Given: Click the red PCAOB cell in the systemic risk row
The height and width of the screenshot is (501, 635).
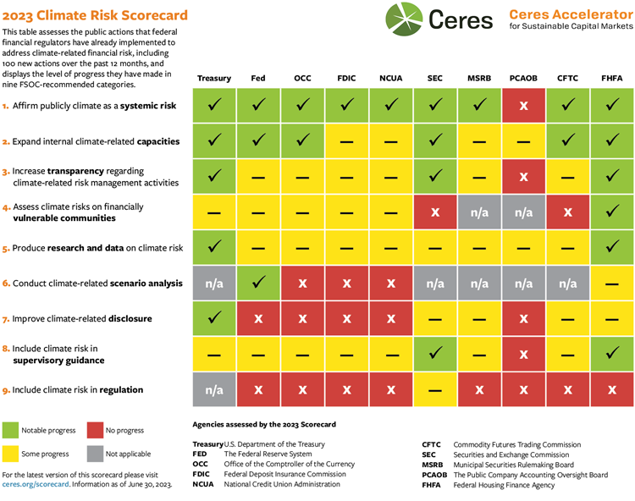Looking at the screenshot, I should click(523, 105).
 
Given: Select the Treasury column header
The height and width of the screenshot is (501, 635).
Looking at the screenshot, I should click(214, 78).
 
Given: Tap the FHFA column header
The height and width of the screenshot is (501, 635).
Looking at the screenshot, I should click(611, 78).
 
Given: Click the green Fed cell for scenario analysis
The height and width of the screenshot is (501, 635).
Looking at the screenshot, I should click(258, 283).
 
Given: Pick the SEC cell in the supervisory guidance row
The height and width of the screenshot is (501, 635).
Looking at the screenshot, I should click(435, 354).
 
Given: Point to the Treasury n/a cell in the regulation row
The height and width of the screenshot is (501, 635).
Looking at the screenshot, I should click(214, 389).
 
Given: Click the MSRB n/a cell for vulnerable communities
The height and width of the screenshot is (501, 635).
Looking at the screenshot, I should click(479, 212).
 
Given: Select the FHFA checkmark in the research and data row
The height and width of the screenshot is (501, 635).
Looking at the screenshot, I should click(611, 247).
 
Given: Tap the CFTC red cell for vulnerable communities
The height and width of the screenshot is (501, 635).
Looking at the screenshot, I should click(567, 212).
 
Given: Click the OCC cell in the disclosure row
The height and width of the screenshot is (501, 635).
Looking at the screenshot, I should click(302, 318).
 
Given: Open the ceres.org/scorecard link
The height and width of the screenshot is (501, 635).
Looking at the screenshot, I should click(33, 485).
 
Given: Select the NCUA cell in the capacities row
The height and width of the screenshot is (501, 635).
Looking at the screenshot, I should click(391, 140).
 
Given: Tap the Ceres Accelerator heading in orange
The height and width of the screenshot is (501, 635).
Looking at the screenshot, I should click(570, 14).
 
